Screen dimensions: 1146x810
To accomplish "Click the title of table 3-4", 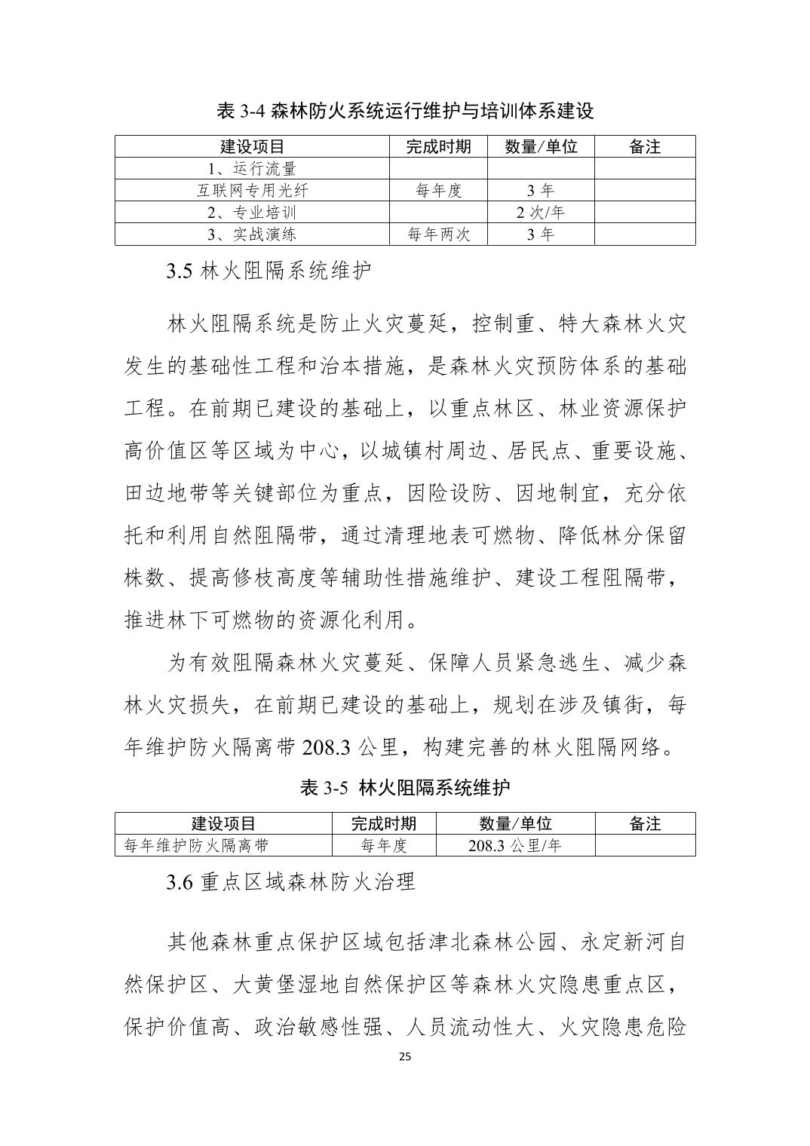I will tap(405, 111).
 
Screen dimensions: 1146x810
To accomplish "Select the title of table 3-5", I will tap(405, 788).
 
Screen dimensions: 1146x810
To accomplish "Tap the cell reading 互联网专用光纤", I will tap(252, 190).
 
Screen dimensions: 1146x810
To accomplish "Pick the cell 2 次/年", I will tap(540, 212).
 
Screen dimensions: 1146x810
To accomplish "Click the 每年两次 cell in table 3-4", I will tap(438, 234).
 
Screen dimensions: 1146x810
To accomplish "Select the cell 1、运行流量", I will tap(252, 168).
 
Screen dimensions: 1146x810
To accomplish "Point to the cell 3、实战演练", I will tap(252, 234).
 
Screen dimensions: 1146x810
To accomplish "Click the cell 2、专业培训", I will tap(252, 212).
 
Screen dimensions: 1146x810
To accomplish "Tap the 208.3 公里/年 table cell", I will tap(515, 845).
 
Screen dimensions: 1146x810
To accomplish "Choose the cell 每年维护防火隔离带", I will tap(197, 845).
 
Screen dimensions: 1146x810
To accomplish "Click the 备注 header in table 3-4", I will tap(644, 146).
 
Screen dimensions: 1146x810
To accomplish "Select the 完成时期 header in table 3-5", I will tap(384, 823).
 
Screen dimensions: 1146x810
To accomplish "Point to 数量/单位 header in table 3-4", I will tap(540, 146).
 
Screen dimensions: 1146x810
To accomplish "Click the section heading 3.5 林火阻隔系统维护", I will tap(268, 271).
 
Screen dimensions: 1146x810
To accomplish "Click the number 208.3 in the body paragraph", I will tap(326, 748).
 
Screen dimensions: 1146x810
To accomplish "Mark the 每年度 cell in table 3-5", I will tap(384, 845).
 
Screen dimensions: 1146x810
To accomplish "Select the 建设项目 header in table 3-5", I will tap(223, 823).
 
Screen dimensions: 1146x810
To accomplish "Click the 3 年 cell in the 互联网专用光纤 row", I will tap(540, 190).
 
